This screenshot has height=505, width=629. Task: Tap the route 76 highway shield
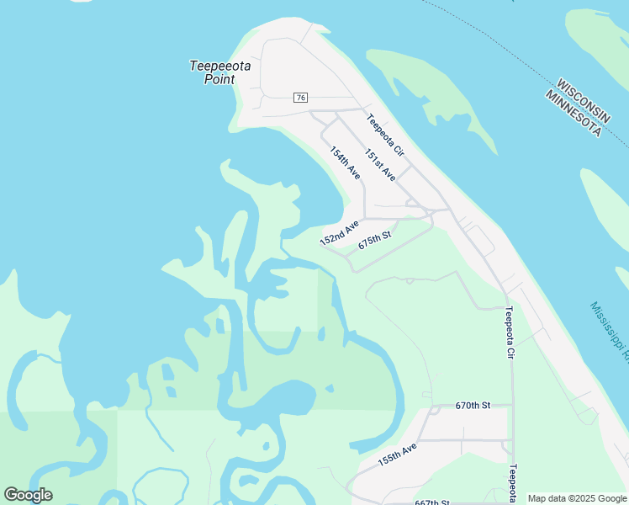[x=300, y=98]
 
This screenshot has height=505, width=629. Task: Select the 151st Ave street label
[x=380, y=166]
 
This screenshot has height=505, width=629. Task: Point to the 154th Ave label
[x=345, y=163]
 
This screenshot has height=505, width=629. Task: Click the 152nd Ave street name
[x=339, y=233]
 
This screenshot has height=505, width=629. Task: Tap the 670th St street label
[x=473, y=406]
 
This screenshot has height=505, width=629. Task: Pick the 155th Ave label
[x=397, y=455]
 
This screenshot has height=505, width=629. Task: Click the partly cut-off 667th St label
[x=432, y=502]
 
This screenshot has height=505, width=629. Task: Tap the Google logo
[x=28, y=495]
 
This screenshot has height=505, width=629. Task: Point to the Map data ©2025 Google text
[x=577, y=499]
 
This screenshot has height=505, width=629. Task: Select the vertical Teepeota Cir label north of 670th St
[x=509, y=333]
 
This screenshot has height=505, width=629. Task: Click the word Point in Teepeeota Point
[x=219, y=80]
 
